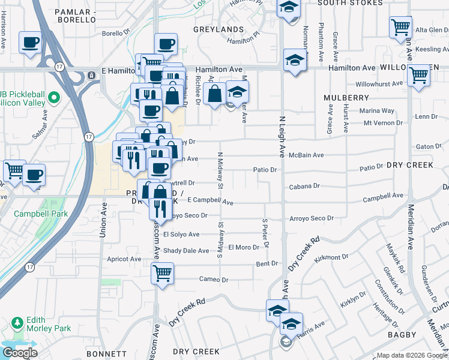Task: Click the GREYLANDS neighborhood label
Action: (x=218, y=29)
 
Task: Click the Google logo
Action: (x=19, y=353)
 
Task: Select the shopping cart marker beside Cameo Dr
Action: (x=162, y=273)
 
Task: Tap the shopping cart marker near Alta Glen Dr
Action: (x=400, y=27)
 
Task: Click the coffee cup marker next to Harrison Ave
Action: (x=31, y=43)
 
